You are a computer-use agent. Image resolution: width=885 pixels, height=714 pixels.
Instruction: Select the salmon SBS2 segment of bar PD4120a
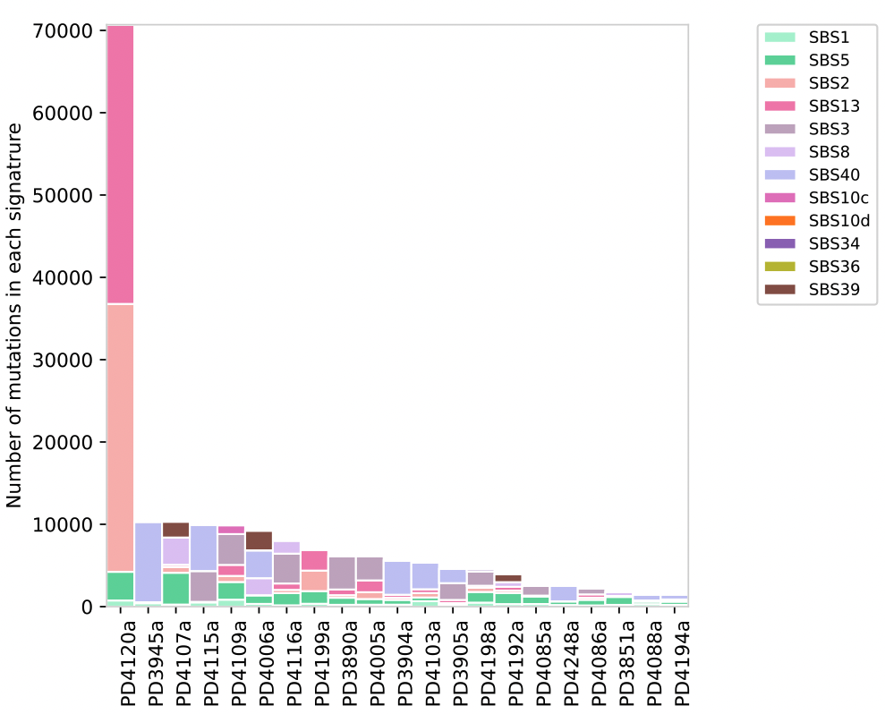(120, 438)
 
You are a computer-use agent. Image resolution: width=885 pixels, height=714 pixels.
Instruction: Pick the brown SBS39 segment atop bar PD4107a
(175, 530)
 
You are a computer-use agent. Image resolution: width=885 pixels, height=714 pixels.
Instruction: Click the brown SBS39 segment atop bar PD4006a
(259, 540)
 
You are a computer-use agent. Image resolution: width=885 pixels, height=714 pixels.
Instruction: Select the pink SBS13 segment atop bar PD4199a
(314, 560)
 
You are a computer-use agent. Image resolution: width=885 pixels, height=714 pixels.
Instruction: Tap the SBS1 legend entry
(829, 37)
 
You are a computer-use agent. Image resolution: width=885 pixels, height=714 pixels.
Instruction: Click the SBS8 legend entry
(829, 151)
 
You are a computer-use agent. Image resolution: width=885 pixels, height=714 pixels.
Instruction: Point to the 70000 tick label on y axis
(64, 31)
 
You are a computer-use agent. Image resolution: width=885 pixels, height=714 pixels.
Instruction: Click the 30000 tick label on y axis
(64, 361)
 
